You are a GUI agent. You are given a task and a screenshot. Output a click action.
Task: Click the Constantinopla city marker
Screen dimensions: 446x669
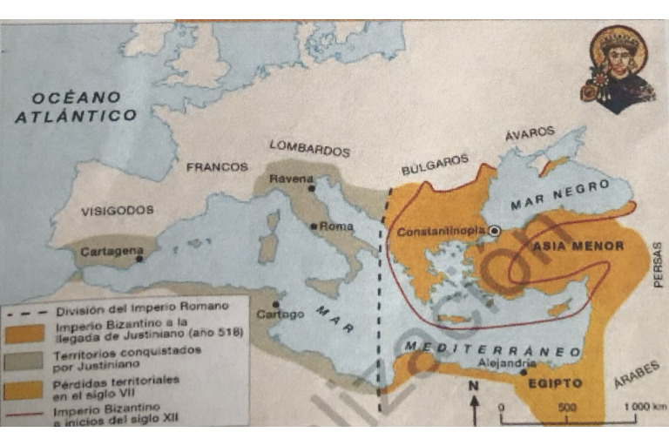[x=495, y=231]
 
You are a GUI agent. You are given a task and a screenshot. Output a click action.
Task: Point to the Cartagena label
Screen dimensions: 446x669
[x=111, y=251]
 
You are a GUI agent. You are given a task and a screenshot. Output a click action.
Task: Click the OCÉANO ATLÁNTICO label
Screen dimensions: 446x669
[x=76, y=106]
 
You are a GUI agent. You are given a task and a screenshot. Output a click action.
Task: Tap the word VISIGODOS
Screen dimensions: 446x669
[x=118, y=211]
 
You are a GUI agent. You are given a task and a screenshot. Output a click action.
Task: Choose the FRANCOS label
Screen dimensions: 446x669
[x=217, y=166]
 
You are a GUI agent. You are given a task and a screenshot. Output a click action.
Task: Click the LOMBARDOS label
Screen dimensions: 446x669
[x=309, y=148]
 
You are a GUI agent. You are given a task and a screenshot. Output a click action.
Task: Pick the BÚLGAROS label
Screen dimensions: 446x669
[x=435, y=165]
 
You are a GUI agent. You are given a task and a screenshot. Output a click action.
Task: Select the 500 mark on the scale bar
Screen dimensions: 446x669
[x=567, y=406]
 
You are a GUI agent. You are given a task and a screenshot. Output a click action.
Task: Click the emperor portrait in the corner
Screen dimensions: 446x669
[x=620, y=68]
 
